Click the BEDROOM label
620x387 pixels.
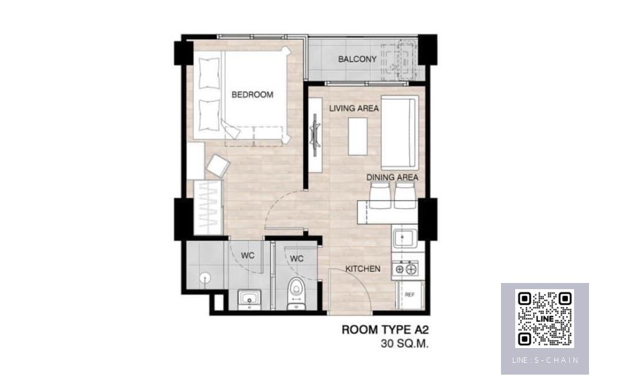click(252, 95)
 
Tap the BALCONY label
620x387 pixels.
click(357, 59)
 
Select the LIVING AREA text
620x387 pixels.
click(354, 108)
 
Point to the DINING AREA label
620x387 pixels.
click(392, 177)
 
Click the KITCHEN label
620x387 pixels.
click(363, 269)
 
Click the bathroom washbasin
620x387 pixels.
click(249, 300)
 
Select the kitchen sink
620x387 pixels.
click(404, 238)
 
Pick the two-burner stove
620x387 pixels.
click(405, 269)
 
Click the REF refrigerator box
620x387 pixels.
click(410, 295)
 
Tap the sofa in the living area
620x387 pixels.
click(399, 133)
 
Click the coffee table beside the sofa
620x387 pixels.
click(358, 136)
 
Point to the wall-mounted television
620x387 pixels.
click(315, 130)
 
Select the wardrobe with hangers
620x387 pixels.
click(208, 207)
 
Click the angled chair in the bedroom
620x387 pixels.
click(218, 165)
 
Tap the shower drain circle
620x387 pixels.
click(205, 277)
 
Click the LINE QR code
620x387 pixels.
click(545, 318)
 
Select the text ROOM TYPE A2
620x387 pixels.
click(385, 330)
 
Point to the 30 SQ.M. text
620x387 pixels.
click(404, 344)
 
